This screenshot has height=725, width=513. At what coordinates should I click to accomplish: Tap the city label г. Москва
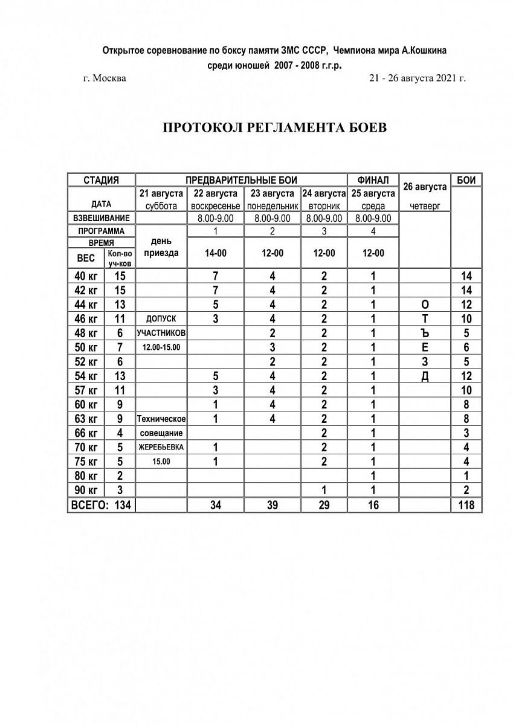point(105,79)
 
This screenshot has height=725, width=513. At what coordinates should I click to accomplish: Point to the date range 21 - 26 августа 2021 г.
point(417,79)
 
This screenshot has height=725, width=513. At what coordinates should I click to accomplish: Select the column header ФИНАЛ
point(373,180)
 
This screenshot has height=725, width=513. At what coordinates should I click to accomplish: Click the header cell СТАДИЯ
point(101,180)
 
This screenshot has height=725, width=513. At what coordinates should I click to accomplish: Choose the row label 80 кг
point(85,476)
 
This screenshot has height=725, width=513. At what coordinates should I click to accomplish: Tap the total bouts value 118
point(466,505)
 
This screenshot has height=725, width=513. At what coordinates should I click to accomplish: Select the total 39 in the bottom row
point(273,505)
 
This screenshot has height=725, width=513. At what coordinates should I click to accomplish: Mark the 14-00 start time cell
point(215,254)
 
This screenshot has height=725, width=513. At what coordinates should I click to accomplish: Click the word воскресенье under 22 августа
point(215,206)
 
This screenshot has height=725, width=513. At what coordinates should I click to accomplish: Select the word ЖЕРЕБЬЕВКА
point(161,448)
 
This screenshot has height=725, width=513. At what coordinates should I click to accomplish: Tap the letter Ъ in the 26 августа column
point(425,332)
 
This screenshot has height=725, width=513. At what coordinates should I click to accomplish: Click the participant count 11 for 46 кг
point(120,318)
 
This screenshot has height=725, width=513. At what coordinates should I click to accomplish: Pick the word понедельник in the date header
point(273,206)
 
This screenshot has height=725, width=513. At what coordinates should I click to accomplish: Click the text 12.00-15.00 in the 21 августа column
point(161,348)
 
